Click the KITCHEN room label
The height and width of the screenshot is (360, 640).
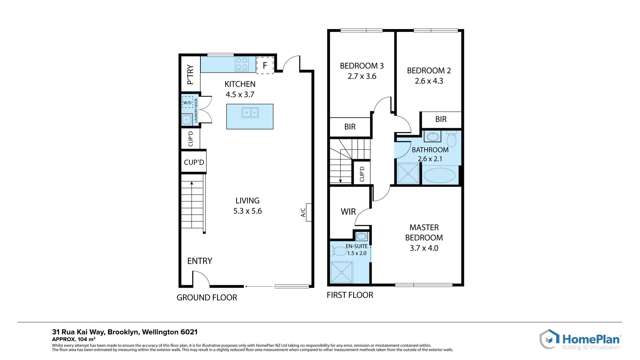click(x=239, y=84)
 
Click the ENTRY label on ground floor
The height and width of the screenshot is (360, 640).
click(x=199, y=262)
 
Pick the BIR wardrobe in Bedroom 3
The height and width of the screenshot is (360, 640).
click(x=350, y=127)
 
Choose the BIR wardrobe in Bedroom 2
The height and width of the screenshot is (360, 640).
click(x=441, y=120)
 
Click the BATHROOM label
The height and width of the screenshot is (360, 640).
click(x=429, y=150)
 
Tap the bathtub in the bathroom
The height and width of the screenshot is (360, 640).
click(x=439, y=174)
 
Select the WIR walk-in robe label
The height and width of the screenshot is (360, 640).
click(x=347, y=211)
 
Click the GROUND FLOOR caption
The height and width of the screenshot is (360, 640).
click(x=207, y=297)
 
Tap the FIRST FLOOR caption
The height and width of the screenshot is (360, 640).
click(x=350, y=295)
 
